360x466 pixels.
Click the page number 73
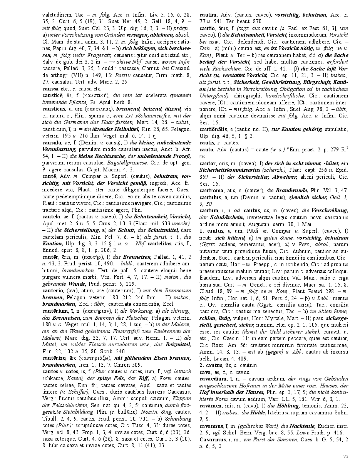pyautogui.click(x=345, y=456)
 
